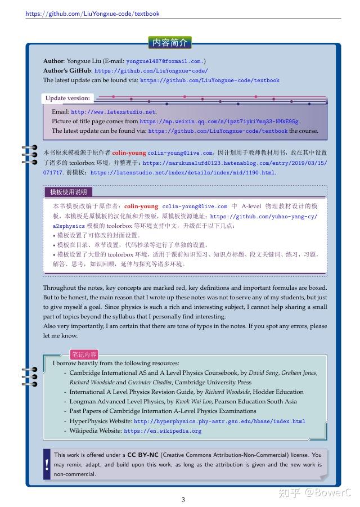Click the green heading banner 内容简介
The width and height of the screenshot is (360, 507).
tap(170, 42)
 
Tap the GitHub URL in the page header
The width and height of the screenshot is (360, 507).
tap(92, 14)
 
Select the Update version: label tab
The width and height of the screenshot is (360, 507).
tap(67, 98)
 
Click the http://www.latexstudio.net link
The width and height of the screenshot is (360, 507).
tap(113, 112)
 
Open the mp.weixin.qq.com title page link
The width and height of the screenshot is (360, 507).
tap(219, 121)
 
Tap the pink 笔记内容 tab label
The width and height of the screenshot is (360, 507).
tap(84, 355)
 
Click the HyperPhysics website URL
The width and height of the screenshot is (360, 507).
tap(219, 421)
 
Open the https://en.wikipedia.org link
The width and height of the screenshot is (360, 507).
tap(163, 431)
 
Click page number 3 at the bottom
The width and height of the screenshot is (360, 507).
tap(183, 499)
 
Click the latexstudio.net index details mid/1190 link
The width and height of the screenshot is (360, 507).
tap(183, 172)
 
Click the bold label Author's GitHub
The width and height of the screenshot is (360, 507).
tap(67, 71)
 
